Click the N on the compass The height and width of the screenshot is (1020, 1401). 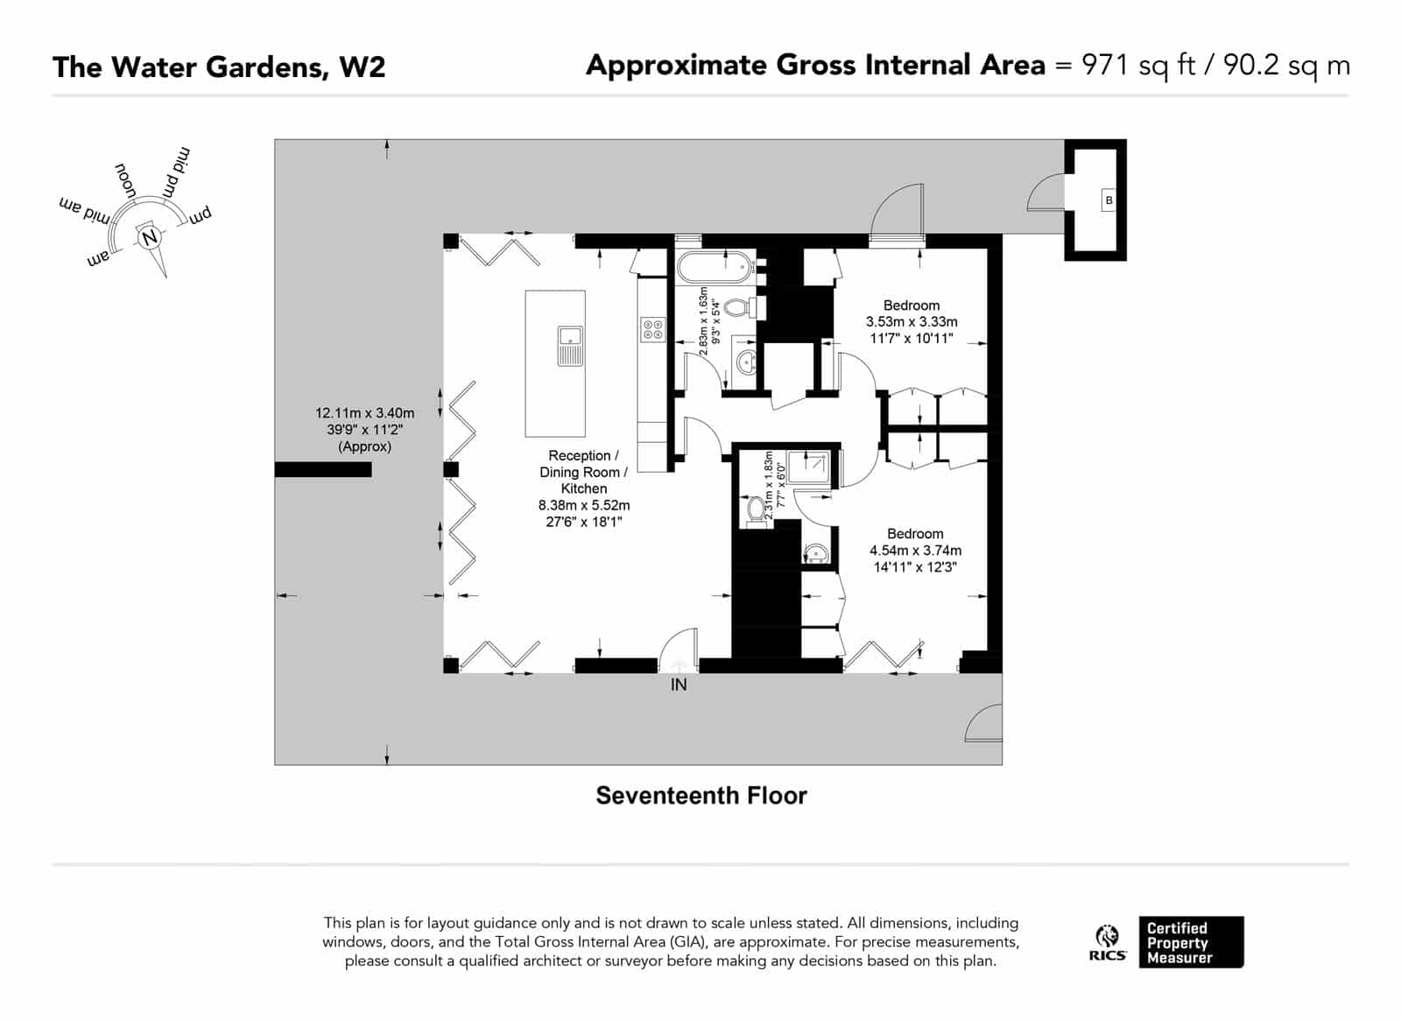pos(150,237)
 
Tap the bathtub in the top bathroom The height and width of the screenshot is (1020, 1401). pos(715,267)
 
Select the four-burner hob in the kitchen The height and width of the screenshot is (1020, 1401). pos(652,329)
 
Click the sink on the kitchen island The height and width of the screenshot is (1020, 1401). pos(570,346)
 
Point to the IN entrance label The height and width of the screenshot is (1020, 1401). pos(679,685)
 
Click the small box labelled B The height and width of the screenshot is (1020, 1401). pos(1109,200)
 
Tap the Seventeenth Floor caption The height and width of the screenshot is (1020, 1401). pos(701,796)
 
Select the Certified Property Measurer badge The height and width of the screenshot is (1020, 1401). pos(1191,942)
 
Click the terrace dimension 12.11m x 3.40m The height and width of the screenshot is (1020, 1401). pos(364,413)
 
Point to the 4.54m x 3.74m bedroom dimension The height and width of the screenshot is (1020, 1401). pos(915,551)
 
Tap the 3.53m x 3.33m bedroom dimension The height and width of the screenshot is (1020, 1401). pos(912,321)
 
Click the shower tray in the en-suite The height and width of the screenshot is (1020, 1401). pos(809,468)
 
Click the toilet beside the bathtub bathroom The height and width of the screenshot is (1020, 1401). pos(744,307)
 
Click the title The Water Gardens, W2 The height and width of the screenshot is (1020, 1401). pos(219,67)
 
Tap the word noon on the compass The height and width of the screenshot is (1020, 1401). pos(125,180)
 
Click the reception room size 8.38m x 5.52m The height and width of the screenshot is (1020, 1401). pos(584,505)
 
